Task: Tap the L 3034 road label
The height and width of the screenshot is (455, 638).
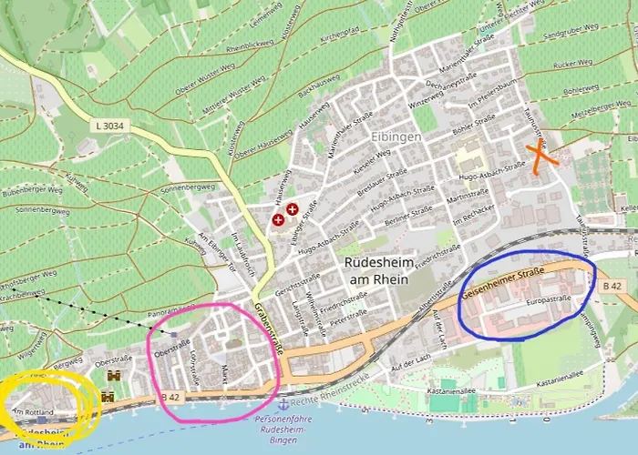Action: tap(108, 125)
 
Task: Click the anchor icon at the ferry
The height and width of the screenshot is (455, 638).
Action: tap(283, 403)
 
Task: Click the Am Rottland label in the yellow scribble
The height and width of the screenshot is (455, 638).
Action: tap(36, 413)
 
